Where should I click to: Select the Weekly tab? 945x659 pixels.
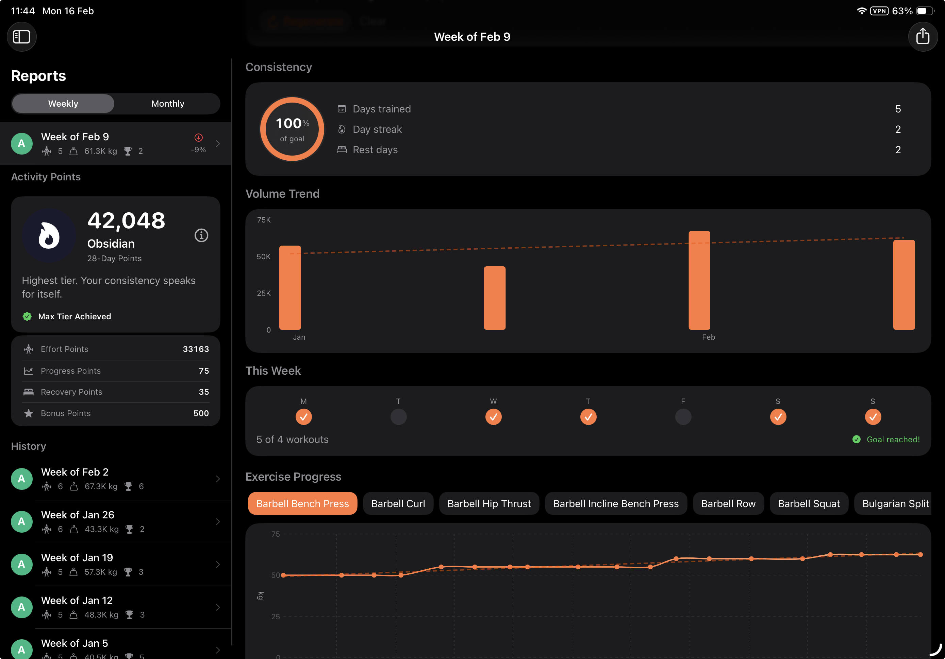click(63, 104)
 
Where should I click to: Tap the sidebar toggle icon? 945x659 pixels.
click(21, 37)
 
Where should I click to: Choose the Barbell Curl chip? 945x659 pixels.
click(398, 504)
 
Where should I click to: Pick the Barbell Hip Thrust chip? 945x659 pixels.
click(488, 504)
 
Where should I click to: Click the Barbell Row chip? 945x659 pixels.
click(728, 504)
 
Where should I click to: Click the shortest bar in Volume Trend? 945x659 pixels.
click(494, 298)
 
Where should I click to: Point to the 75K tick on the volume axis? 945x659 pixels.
click(264, 220)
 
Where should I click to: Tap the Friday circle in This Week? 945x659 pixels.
click(683, 417)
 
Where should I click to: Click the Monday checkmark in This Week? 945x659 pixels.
click(303, 417)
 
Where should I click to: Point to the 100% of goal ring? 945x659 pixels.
click(292, 129)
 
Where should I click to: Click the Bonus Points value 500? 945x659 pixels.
click(201, 413)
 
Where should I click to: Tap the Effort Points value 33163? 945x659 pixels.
click(196, 349)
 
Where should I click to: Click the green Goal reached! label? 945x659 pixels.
click(892, 440)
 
